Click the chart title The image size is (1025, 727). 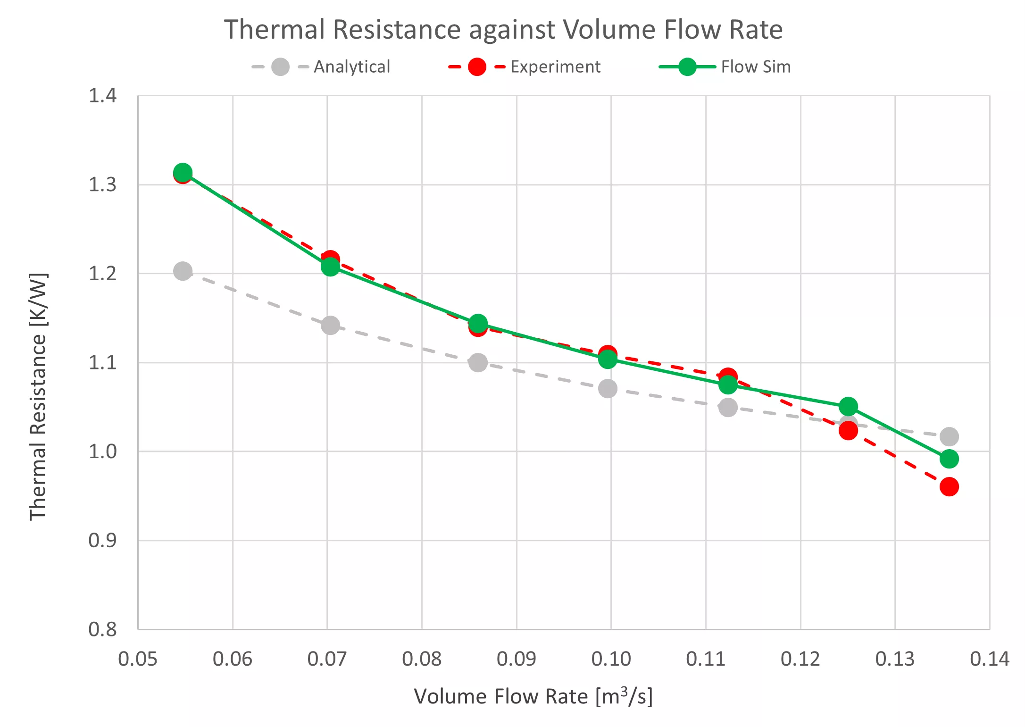(503, 29)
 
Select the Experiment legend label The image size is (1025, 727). (555, 67)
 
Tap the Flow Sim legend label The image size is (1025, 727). (756, 67)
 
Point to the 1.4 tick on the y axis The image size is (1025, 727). (102, 96)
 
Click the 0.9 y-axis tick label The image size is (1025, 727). (102, 540)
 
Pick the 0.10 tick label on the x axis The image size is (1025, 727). (611, 659)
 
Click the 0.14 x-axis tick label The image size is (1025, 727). (989, 659)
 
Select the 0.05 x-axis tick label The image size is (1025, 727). (138, 659)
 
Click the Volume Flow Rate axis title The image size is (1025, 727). (533, 696)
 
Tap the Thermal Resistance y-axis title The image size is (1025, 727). (38, 396)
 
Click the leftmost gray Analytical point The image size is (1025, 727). (183, 271)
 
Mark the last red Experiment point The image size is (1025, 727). (949, 486)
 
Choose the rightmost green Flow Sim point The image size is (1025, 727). (949, 459)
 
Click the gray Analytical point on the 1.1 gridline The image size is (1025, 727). (478, 362)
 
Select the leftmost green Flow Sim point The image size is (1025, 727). (183, 172)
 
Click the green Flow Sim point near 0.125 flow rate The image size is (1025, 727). (848, 406)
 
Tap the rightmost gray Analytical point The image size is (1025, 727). (949, 436)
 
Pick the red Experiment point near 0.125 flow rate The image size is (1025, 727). (848, 430)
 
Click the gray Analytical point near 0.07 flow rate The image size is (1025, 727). (330, 325)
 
